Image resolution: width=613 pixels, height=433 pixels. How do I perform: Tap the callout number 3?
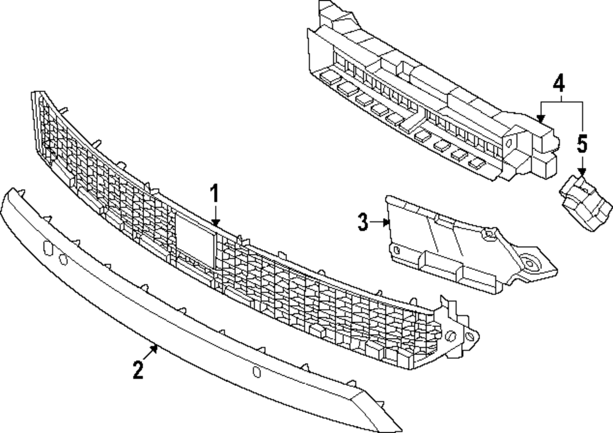pyautogui.click(x=363, y=222)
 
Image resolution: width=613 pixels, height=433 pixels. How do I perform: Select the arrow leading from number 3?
pyautogui.click(x=380, y=222)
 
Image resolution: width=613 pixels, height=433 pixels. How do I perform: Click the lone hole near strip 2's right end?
pyautogui.click(x=256, y=371)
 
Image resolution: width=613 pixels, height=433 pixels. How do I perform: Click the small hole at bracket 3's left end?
pyautogui.click(x=396, y=250)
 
